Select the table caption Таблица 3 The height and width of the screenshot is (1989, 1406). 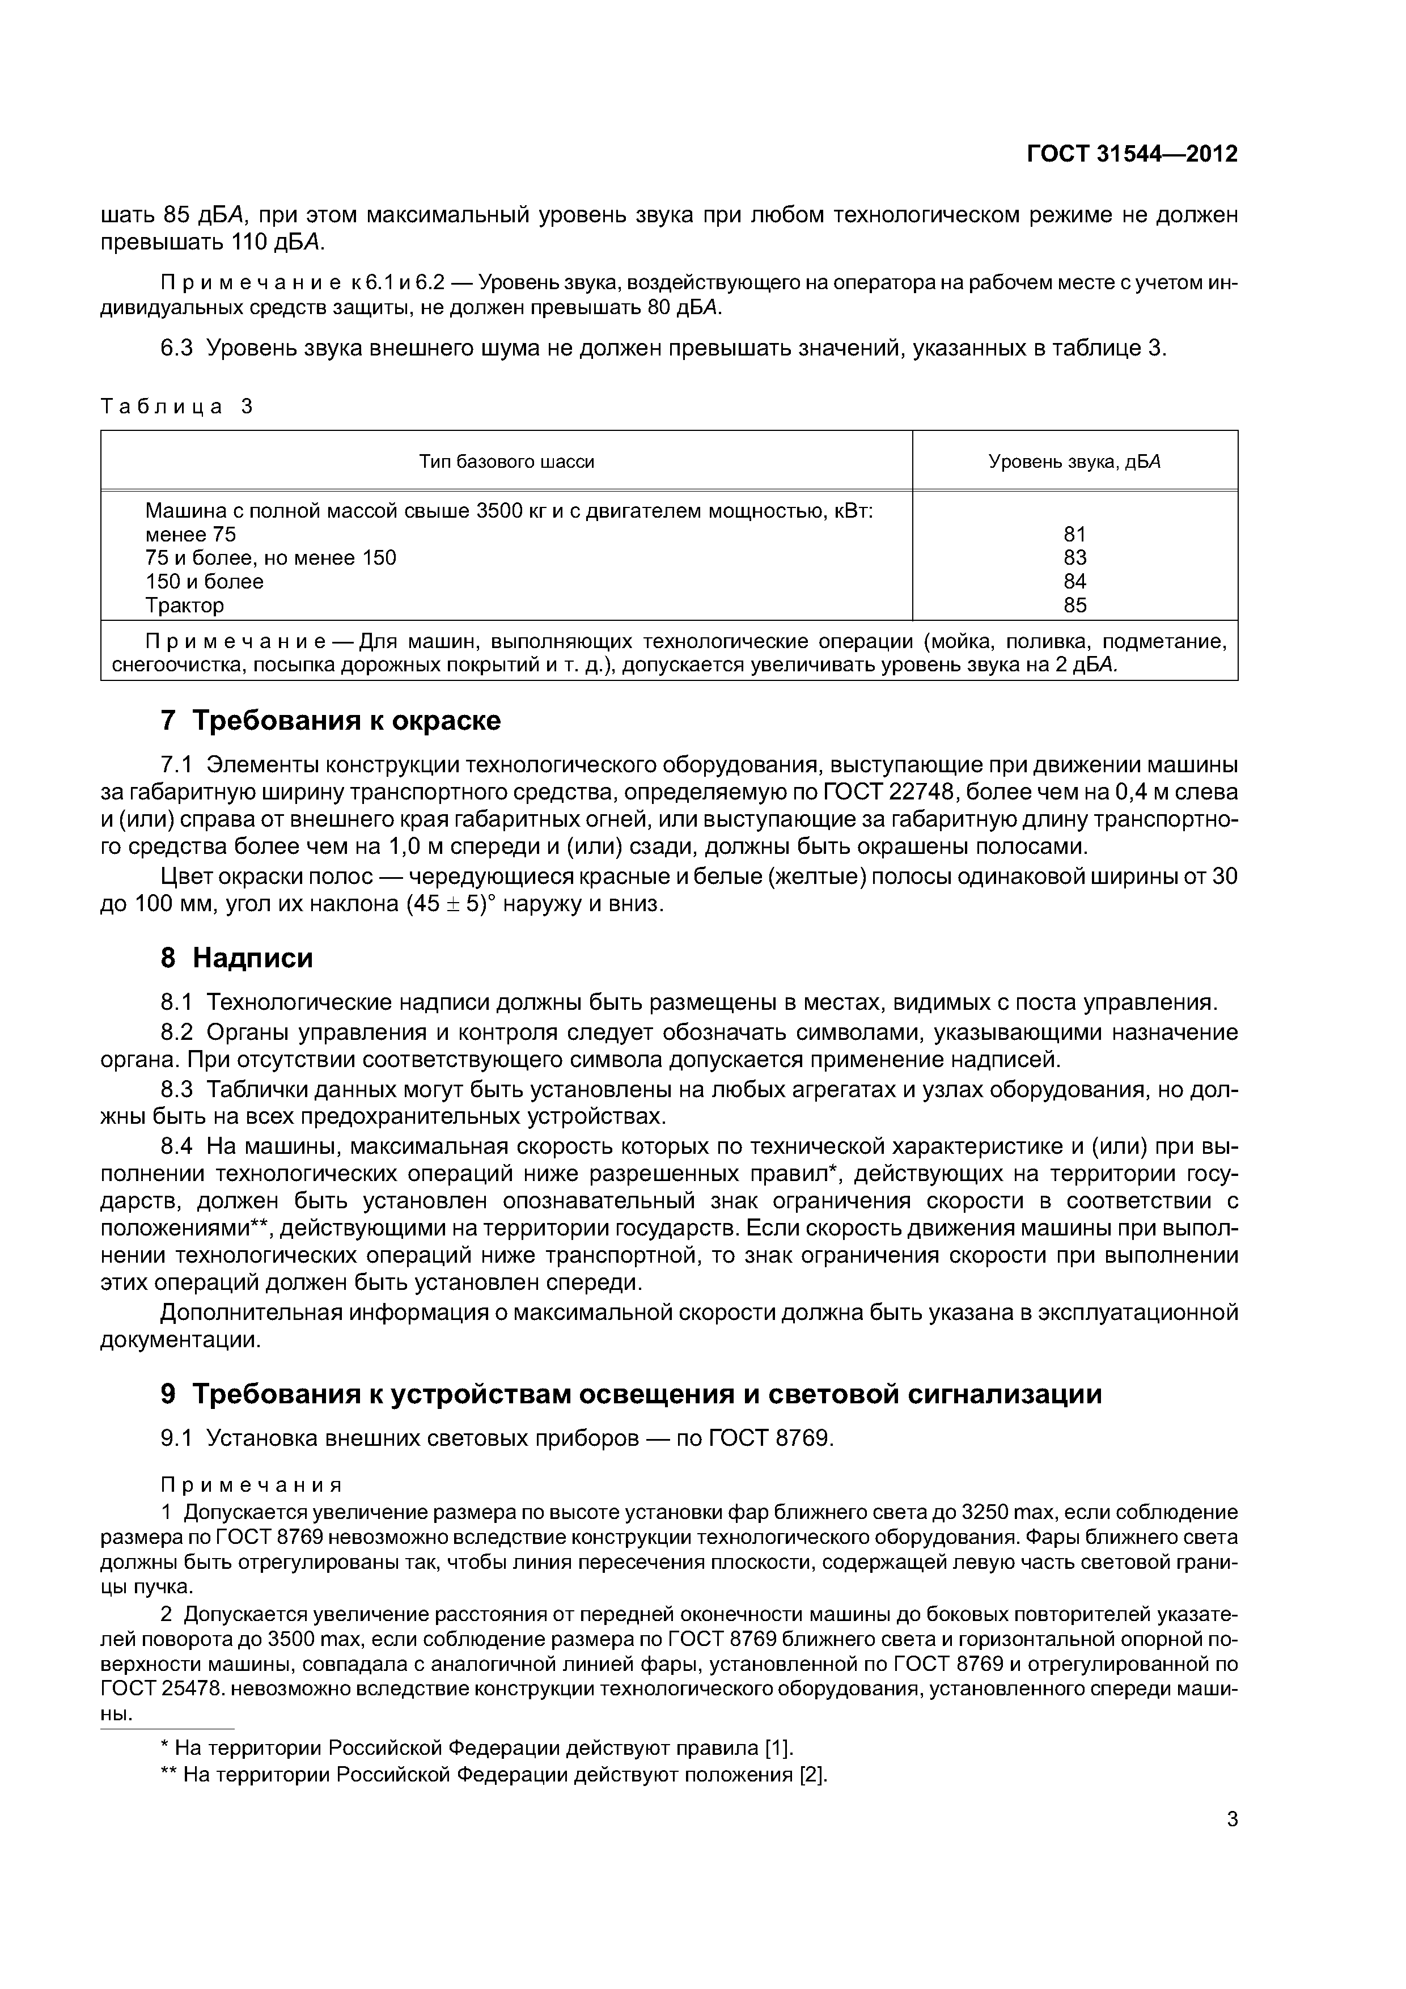[x=177, y=407]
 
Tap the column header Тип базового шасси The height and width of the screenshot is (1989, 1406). [x=507, y=462]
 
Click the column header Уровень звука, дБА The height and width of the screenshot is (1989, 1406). [x=1074, y=462]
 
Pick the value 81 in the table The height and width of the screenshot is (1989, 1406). [x=1074, y=535]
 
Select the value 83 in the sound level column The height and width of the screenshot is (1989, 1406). [x=1074, y=558]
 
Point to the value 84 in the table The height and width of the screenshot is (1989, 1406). [x=1074, y=581]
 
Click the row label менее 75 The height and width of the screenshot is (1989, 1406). [x=190, y=535]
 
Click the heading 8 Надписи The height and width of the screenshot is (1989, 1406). [x=236, y=958]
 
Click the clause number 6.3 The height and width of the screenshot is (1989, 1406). [x=177, y=348]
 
